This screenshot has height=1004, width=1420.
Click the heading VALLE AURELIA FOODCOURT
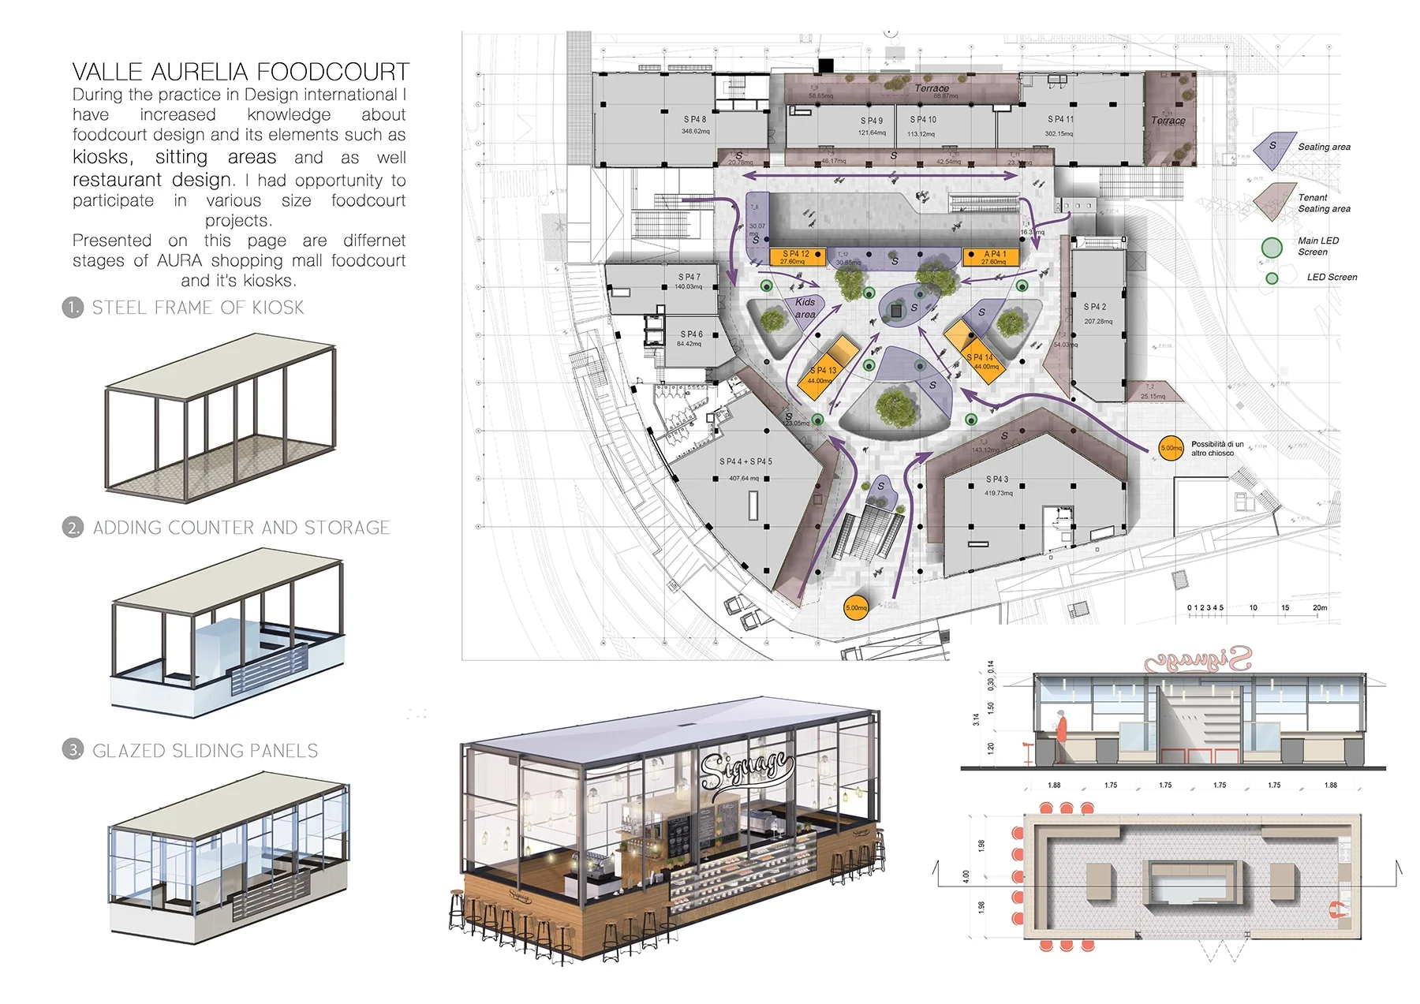[x=241, y=72]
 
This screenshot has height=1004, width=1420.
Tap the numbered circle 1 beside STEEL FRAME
[x=73, y=308]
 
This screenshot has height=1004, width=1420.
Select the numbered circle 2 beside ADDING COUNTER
[x=73, y=528]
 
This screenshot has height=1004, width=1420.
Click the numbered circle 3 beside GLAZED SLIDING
[x=73, y=750]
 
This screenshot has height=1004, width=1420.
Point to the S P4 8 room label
[x=695, y=120]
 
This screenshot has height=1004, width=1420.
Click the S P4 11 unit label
[x=1060, y=119]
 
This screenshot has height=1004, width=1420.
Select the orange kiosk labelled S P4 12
[x=797, y=257]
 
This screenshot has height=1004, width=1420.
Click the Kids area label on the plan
[x=805, y=308]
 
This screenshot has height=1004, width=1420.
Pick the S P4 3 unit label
[x=997, y=480]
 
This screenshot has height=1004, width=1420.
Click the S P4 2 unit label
[x=1095, y=307]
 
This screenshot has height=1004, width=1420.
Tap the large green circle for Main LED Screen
[x=1272, y=248]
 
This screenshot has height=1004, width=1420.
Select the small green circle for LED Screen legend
[x=1272, y=278]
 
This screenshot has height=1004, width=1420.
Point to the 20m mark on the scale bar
[x=1320, y=608]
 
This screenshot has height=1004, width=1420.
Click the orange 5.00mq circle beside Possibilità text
[x=1171, y=448]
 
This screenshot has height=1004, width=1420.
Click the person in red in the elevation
[x=1062, y=726]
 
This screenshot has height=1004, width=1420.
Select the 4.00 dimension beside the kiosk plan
[x=966, y=876]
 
